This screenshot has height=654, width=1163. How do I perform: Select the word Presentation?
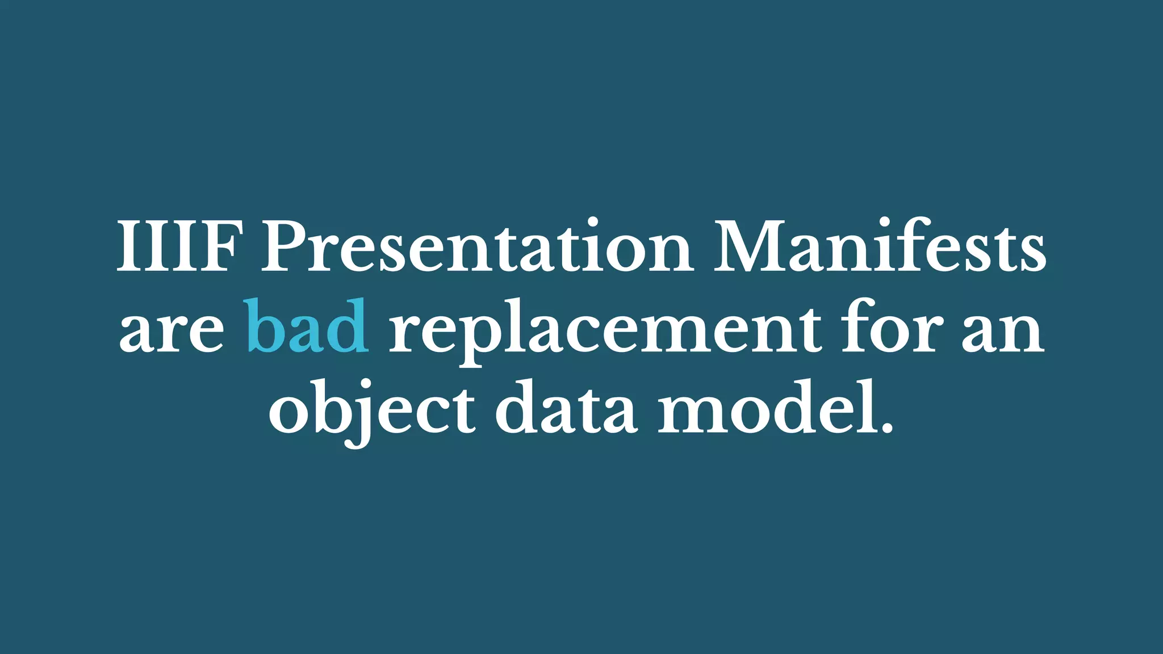coord(476,246)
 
